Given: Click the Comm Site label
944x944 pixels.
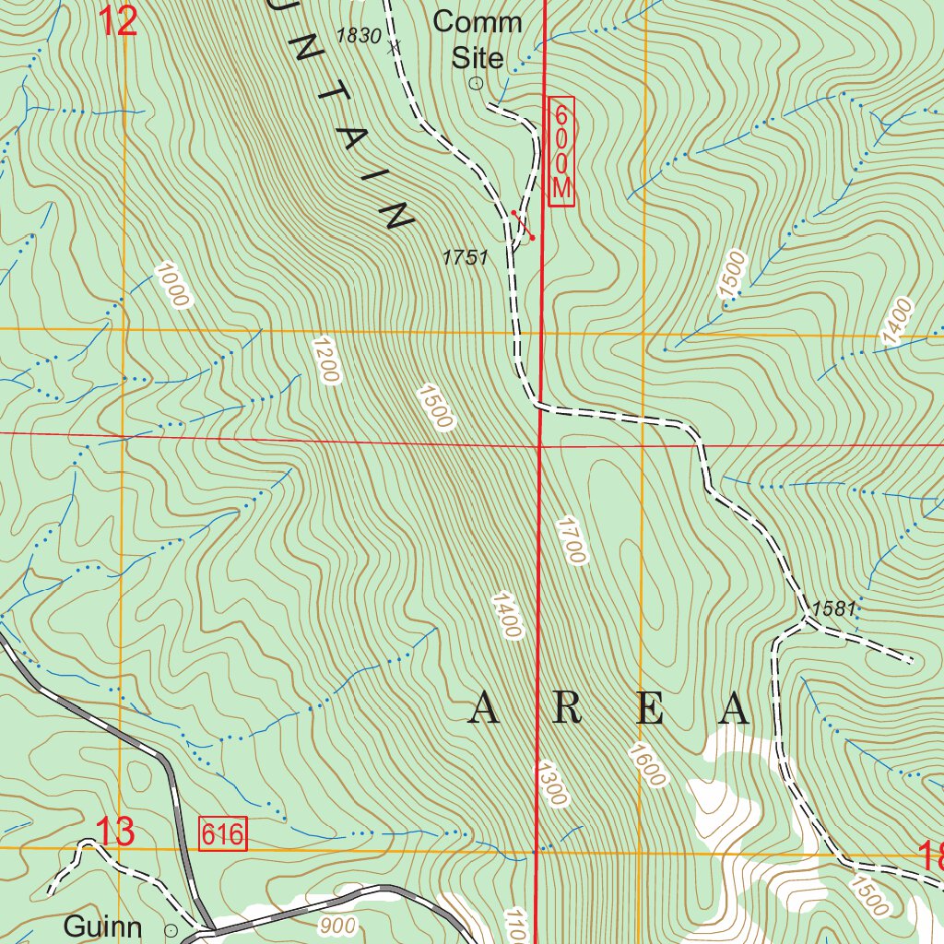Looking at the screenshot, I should (x=478, y=39).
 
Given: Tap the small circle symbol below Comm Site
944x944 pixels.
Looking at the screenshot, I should (x=477, y=84).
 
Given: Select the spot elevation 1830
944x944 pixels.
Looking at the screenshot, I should (x=359, y=36).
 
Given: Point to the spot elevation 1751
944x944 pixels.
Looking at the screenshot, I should (x=465, y=258).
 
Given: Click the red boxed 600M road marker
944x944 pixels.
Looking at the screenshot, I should (x=561, y=151).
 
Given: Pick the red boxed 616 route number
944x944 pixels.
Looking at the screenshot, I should (x=223, y=834).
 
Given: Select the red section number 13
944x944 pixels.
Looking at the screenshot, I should (x=116, y=832).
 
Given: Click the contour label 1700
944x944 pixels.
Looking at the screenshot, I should (x=571, y=540).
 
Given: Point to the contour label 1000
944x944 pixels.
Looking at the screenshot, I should (x=171, y=285).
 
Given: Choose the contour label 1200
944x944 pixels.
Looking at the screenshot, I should (x=326, y=360).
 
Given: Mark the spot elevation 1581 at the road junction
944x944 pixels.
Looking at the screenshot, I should (x=834, y=608).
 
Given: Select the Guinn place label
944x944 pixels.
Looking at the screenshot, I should (x=102, y=926).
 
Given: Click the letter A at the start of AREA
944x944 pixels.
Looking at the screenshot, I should (x=486, y=709).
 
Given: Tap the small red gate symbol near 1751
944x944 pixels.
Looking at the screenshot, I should (x=523, y=225).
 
